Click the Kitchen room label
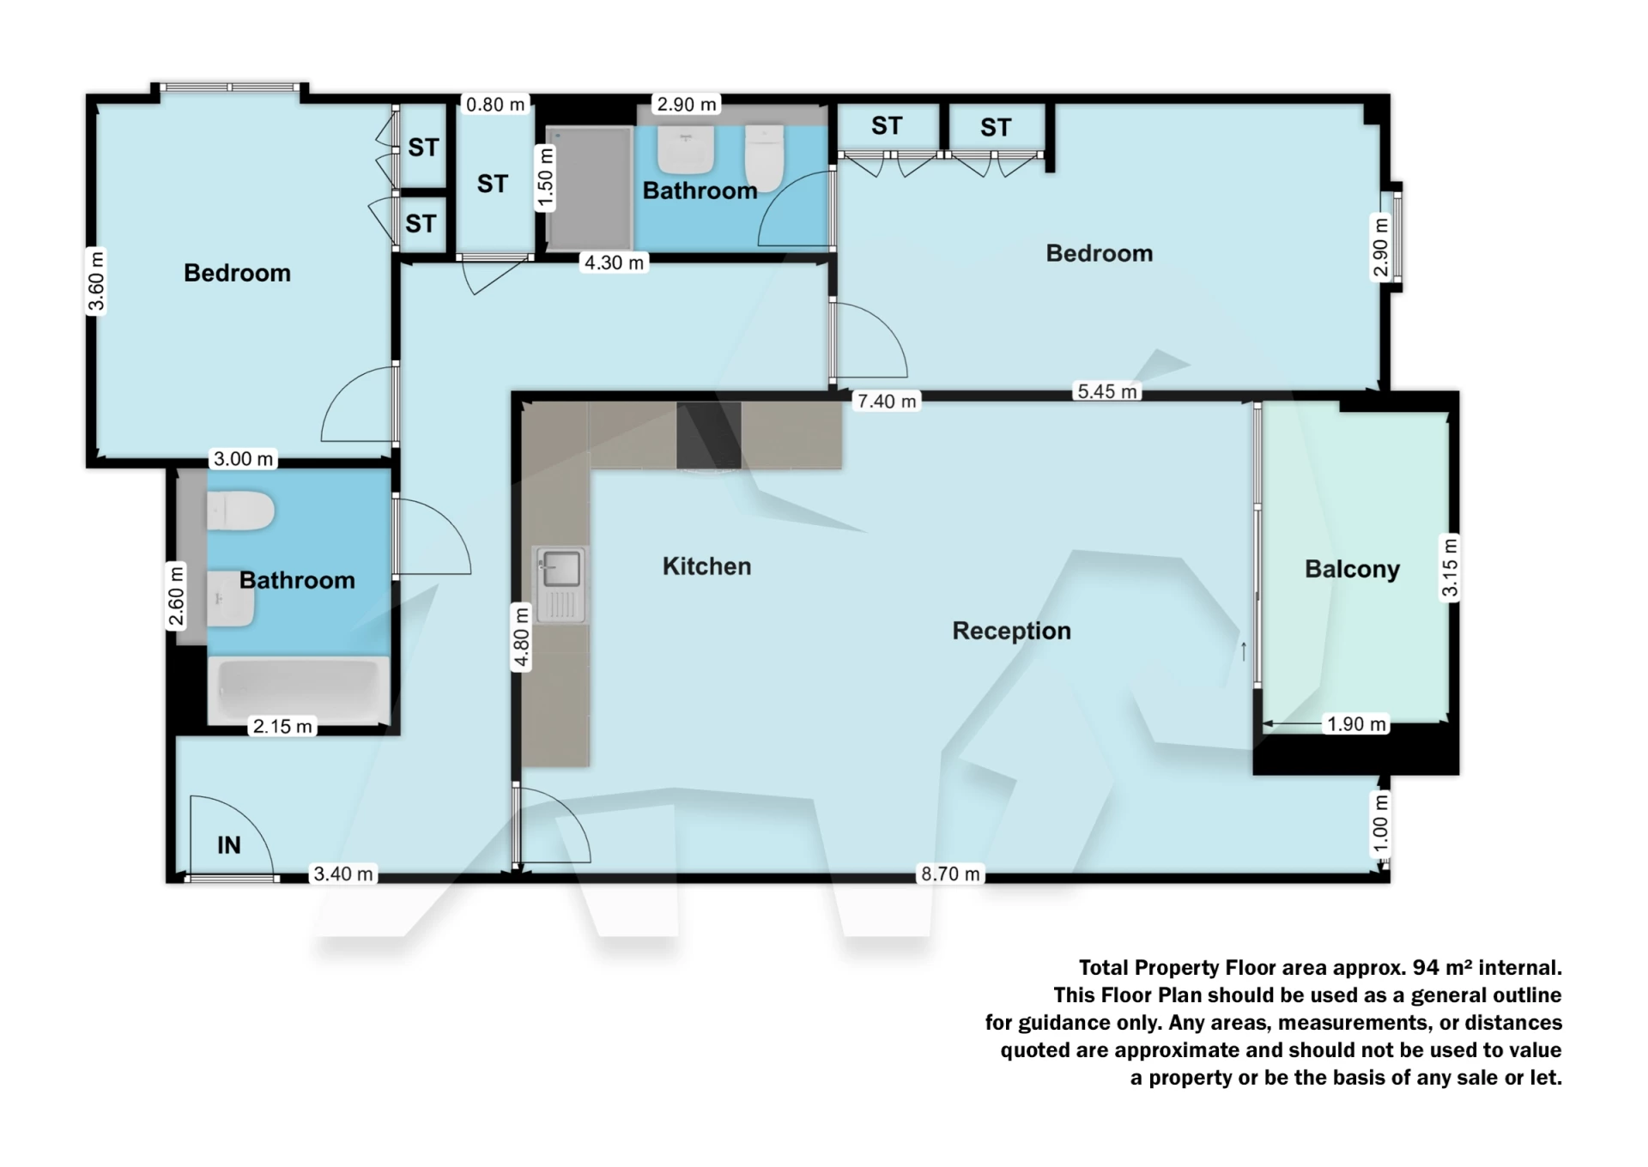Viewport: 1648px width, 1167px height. click(706, 566)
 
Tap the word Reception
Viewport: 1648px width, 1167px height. click(1011, 631)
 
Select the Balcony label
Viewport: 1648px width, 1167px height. click(1352, 569)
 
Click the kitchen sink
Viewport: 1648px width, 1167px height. click(560, 569)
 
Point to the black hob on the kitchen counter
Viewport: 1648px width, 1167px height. click(708, 435)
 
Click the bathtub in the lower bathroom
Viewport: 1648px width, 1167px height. click(299, 689)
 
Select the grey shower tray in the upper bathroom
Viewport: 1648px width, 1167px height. click(590, 189)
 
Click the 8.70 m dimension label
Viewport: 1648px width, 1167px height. click(950, 874)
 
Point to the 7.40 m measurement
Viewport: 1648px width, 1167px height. click(887, 401)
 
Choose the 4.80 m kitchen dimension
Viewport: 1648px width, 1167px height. click(521, 636)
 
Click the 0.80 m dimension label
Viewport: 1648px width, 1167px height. click(495, 105)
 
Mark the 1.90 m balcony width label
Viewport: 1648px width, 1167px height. click(1356, 724)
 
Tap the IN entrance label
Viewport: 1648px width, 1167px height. click(228, 845)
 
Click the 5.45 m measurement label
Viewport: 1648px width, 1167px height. click(1107, 391)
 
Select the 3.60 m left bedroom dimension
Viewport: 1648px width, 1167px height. click(96, 281)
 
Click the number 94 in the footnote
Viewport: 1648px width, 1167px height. click(1425, 967)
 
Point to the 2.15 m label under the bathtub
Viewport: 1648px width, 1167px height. click(282, 726)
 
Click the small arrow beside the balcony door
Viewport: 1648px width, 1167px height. click(1243, 651)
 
